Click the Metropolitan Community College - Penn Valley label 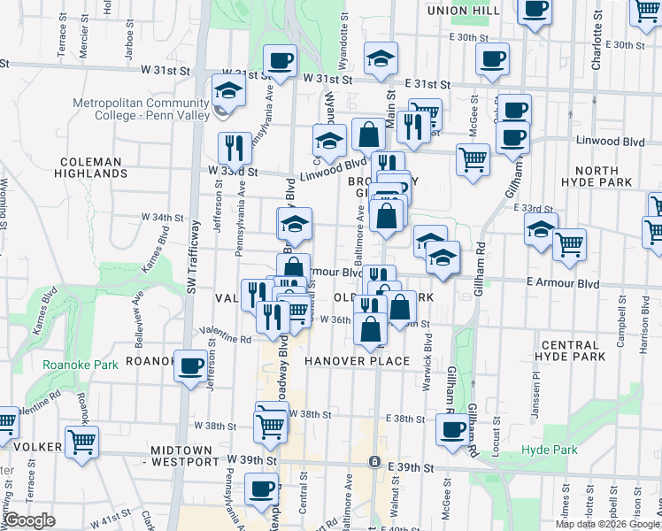(141, 109)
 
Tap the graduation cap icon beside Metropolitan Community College (227, 92)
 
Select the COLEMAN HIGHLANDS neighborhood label (91, 168)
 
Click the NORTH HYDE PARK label (604, 176)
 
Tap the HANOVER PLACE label (358, 361)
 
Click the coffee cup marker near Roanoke (190, 366)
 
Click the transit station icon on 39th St (374, 462)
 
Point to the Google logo (29, 520)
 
